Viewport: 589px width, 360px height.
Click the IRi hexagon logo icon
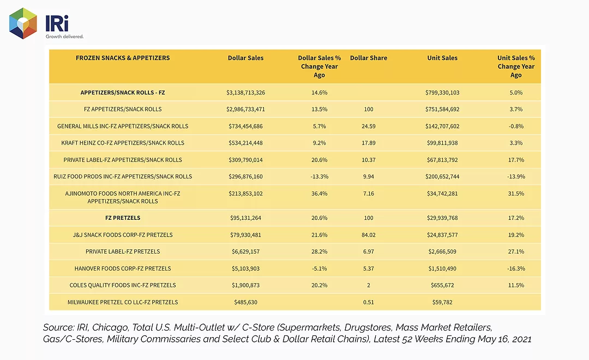click(x=23, y=23)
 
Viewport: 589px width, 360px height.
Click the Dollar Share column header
click(x=369, y=58)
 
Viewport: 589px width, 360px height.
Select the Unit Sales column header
click(x=442, y=58)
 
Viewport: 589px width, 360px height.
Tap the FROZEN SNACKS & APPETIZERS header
click(x=123, y=58)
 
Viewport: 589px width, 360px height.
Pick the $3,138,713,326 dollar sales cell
click(x=245, y=92)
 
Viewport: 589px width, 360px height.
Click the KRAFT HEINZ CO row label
click(x=123, y=143)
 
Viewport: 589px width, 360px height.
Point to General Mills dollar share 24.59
click(x=369, y=126)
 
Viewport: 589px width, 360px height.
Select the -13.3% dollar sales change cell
click(x=319, y=177)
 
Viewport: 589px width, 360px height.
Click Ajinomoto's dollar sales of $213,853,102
click(x=245, y=194)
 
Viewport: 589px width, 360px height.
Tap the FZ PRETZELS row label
click(x=123, y=218)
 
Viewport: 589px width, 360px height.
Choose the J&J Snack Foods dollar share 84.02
click(x=369, y=235)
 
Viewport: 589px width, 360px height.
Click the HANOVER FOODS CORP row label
click(x=123, y=268)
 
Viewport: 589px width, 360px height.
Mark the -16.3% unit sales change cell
click(x=516, y=268)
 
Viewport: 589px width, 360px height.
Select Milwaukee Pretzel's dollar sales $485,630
click(x=245, y=302)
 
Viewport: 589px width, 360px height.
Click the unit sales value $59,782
click(x=442, y=302)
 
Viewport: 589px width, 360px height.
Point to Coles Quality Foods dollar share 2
click(x=369, y=285)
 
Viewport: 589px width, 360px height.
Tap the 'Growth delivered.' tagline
click(x=64, y=37)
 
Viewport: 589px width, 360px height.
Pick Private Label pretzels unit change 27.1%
click(x=516, y=251)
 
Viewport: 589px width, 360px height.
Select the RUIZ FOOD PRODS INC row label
click(x=123, y=177)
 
